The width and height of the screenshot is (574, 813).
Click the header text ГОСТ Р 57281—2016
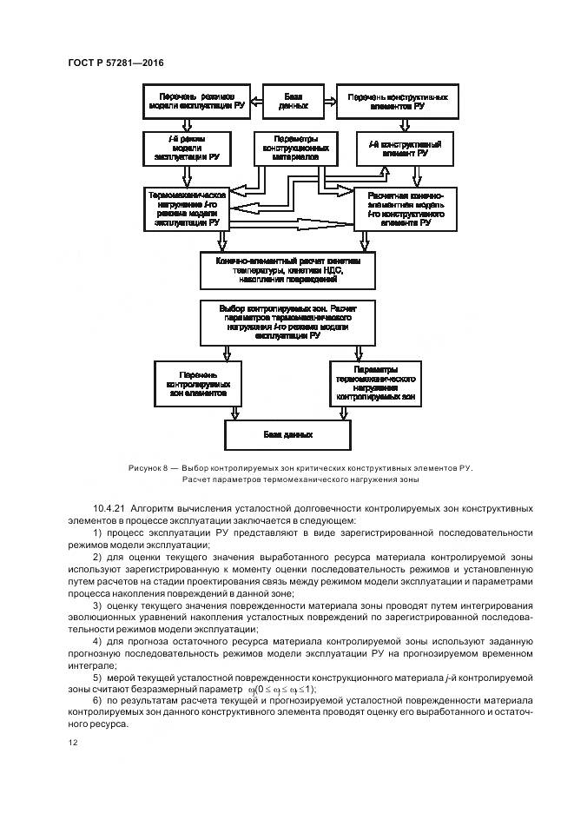click(115, 63)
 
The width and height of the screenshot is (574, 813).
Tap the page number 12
click(72, 742)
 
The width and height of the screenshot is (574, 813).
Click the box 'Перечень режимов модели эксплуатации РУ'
click(196, 101)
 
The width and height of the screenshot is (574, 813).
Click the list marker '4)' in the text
click(97, 641)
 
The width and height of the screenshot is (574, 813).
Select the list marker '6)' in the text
click(97, 700)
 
